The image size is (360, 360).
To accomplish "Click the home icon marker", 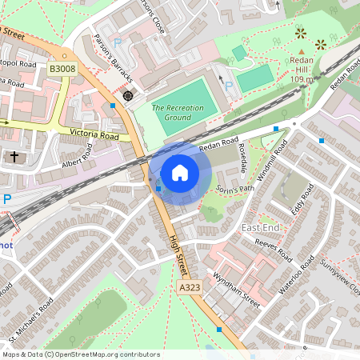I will pos(180,172).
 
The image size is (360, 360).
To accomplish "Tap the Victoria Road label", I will pos(94,134).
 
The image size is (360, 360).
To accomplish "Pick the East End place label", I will pos(260,229).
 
